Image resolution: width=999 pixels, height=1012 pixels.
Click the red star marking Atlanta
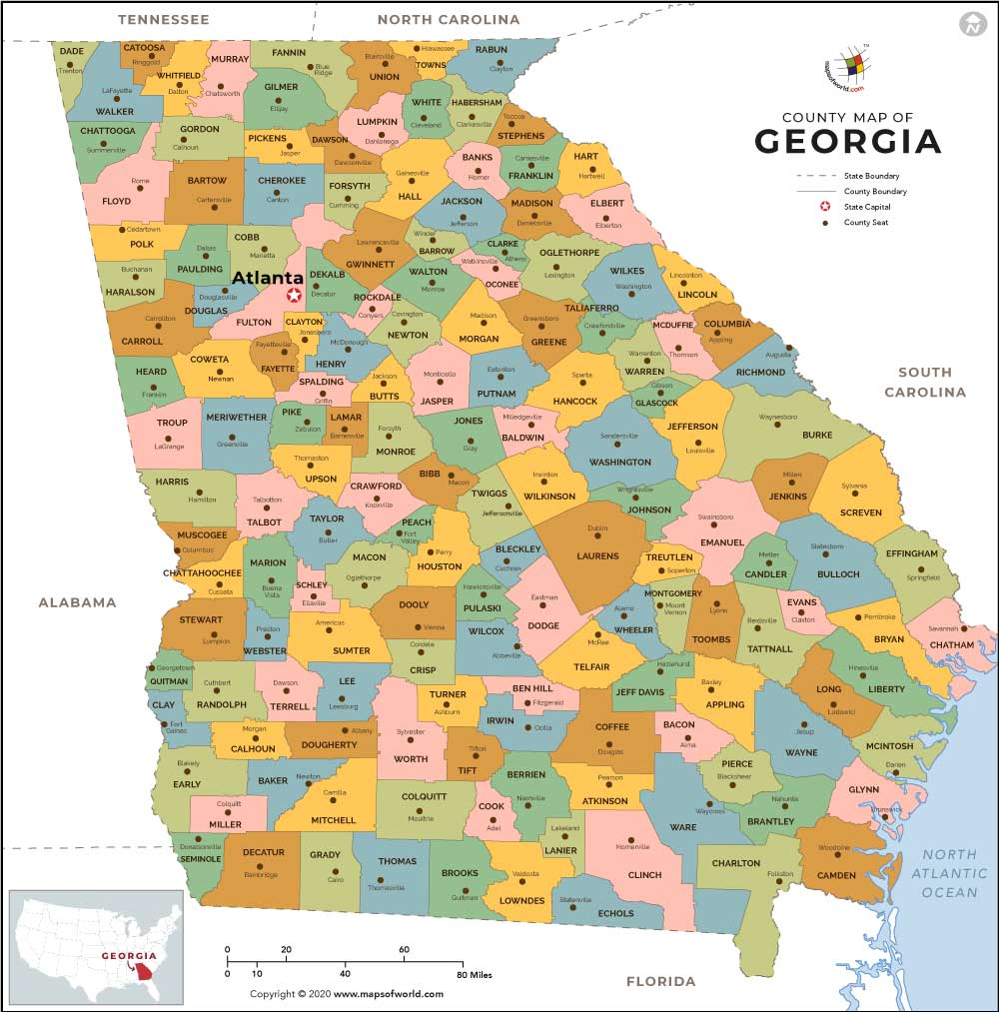tap(294, 295)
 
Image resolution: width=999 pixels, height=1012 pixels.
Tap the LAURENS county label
tap(597, 556)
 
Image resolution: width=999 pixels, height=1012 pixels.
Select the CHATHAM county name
tap(951, 645)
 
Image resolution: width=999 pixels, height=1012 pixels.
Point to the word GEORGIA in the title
tap(847, 142)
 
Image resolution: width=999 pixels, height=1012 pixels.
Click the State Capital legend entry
tap(866, 207)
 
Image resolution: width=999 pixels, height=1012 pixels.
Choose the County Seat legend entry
tap(865, 223)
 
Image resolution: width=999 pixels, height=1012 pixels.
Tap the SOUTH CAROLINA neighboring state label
tap(925, 382)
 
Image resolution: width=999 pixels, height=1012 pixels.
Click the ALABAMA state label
tap(77, 602)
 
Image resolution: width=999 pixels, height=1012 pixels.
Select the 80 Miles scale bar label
tap(476, 974)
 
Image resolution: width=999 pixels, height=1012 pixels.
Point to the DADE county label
tap(72, 51)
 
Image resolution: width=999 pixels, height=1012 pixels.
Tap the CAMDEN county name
tap(836, 875)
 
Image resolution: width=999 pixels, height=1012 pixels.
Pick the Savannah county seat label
tap(943, 628)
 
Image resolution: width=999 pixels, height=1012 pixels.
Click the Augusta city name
tap(778, 356)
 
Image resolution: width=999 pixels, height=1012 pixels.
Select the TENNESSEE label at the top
tap(163, 19)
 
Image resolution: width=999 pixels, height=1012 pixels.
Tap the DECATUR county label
tap(263, 853)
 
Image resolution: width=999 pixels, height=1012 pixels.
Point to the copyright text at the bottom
tap(346, 994)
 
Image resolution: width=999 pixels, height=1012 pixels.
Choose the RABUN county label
tap(491, 50)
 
